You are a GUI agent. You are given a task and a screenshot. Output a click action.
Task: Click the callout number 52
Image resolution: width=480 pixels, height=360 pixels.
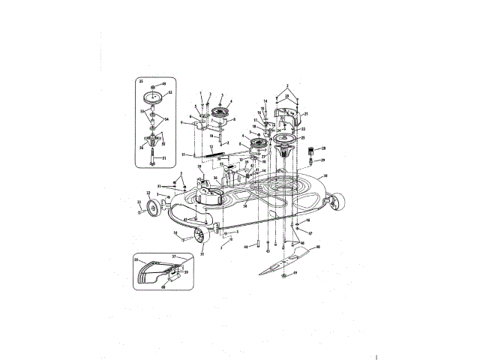(170, 92)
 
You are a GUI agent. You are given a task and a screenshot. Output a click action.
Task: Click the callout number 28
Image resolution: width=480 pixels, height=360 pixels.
(323, 148)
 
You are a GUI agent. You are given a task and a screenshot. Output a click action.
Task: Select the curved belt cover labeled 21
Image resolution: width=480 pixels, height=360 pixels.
(295, 117)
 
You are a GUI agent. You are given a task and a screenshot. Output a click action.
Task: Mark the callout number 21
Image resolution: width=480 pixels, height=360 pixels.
(307, 114)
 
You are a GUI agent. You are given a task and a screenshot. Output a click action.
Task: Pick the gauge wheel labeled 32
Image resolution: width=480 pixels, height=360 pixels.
(151, 207)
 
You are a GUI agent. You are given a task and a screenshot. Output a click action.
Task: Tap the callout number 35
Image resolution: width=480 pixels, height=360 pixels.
(200, 253)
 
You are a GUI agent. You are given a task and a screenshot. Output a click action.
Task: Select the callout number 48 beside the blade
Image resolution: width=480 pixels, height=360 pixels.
(318, 247)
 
